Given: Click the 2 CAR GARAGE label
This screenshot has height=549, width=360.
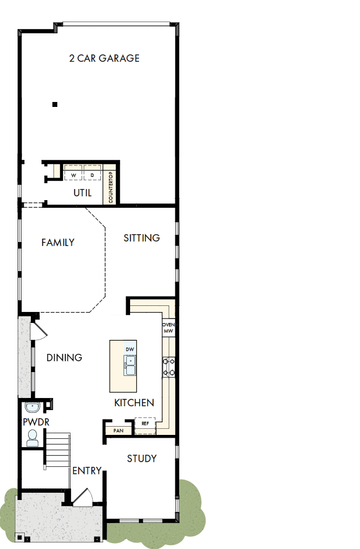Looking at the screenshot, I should coord(104,58).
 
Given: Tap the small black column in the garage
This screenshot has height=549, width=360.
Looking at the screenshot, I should coord(55,104).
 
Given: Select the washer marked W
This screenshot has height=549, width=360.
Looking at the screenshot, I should coord(73,175).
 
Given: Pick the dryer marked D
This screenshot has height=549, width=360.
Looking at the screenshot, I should coord(92,175).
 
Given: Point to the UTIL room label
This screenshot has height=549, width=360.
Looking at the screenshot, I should coord(83,193).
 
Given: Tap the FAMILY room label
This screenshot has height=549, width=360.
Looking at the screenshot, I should coord(58,243).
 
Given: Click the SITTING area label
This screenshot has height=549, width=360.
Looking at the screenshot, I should coord(142,238).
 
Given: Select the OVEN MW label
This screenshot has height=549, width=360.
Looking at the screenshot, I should coord(168,328).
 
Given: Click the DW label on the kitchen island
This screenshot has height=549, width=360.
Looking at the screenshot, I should coord(130,350).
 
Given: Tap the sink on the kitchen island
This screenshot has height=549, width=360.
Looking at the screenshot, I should coord(131,365).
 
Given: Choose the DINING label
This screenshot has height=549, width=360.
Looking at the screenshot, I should coord(65,358).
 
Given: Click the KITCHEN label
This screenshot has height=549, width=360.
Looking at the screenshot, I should coord(134,403).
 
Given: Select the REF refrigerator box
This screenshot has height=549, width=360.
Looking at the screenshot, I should coord(146,424).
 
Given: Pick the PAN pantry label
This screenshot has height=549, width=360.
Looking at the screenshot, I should coord(118,430).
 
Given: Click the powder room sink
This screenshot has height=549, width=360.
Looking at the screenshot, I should coord(33,408).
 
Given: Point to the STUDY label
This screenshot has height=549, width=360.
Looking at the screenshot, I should coord(142,459).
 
